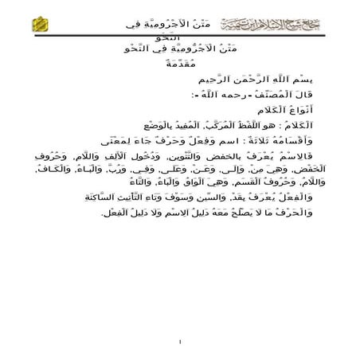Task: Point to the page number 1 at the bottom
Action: (x=181, y=342)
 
